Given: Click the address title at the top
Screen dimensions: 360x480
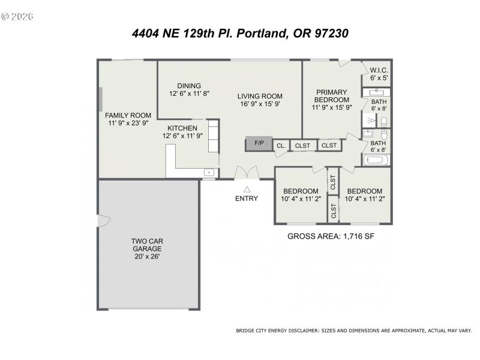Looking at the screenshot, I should point(240,34).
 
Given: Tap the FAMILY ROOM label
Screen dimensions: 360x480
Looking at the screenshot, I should point(128,115).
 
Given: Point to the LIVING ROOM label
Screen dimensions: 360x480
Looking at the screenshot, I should point(259,96).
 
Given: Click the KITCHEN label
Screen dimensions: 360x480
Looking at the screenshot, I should point(182,128).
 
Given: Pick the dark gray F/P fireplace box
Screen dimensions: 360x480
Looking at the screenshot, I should point(259,143).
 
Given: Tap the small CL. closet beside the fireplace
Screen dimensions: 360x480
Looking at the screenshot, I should point(281,145).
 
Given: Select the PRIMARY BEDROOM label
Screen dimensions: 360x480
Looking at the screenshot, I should point(332,95).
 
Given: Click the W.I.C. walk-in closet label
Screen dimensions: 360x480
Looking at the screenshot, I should point(379,70).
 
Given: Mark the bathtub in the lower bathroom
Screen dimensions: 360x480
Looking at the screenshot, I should point(376,160).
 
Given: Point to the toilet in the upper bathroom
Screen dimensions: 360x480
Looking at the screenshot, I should point(385,121).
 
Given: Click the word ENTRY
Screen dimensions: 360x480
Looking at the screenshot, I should point(247,199).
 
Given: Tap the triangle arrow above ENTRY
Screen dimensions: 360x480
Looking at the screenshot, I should point(247,188).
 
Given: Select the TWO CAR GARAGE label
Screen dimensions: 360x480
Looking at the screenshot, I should point(147,245).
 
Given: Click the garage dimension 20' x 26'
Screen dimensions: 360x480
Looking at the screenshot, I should point(147,256).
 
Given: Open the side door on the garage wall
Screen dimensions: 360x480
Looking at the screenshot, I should point(103,221).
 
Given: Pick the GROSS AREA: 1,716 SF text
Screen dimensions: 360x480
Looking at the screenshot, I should point(331,236).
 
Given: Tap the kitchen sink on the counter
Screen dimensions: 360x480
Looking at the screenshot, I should point(208,172).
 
